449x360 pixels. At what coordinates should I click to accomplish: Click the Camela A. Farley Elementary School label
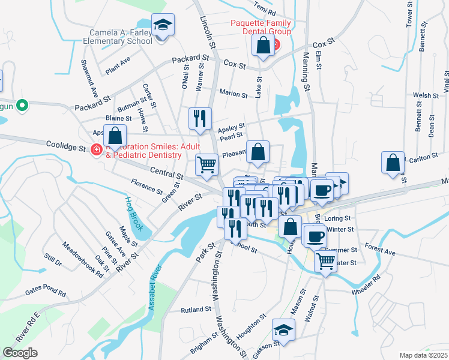(121, 37)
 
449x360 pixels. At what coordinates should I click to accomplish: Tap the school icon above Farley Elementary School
(163, 26)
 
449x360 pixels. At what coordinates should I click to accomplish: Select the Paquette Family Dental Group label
(261, 27)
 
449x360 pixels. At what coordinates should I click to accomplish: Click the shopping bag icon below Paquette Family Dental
(263, 46)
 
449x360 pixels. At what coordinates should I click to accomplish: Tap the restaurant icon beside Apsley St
(200, 118)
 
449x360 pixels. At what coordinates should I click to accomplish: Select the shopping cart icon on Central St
(206, 164)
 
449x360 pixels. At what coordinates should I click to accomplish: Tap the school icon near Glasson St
(283, 330)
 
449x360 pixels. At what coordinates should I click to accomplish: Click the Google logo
(20, 353)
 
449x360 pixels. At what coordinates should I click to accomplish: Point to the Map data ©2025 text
(424, 355)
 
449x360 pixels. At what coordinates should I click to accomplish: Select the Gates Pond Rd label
(45, 292)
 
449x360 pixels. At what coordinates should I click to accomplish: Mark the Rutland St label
(196, 310)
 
